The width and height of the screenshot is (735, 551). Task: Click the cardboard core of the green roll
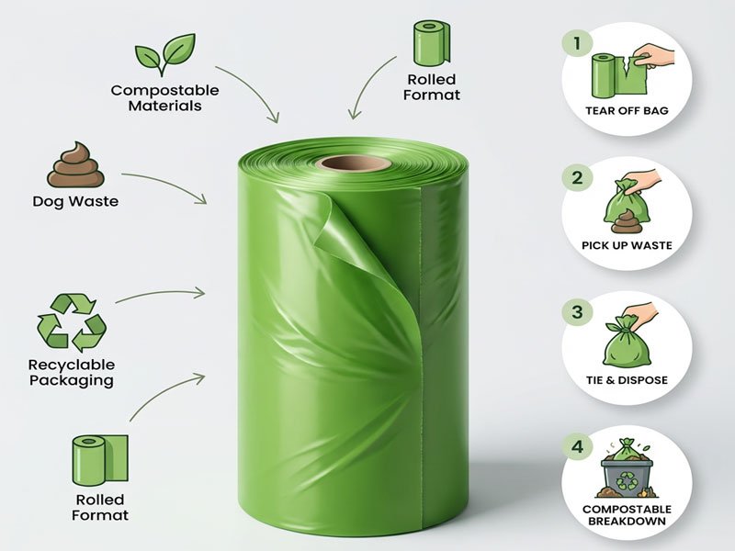tap(354, 164)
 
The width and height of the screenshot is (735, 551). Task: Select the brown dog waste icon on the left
tap(75, 165)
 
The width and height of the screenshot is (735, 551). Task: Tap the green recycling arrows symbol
tap(72, 322)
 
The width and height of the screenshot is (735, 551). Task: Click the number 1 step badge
tap(577, 42)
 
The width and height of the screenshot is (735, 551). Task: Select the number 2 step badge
tap(577, 177)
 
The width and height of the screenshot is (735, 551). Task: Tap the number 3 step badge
tap(577, 312)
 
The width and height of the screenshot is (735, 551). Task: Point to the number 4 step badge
tap(577, 447)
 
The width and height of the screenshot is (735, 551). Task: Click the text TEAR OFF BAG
tap(626, 111)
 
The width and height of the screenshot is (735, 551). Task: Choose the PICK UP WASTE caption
tap(627, 245)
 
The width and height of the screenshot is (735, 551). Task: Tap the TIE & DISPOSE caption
tap(626, 379)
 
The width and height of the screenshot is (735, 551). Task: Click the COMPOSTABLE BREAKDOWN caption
tap(627, 515)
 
